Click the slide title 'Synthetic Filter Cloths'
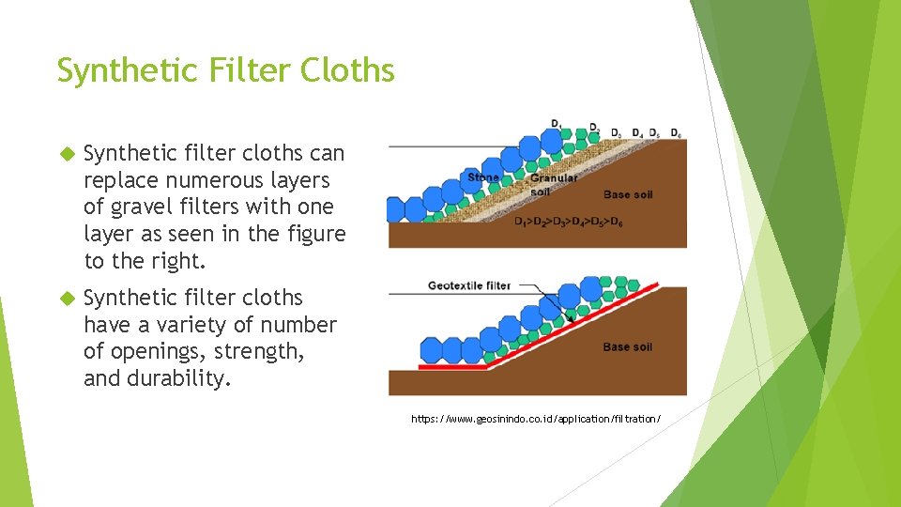click(225, 70)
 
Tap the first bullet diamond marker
click(66, 153)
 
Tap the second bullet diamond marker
click(66, 298)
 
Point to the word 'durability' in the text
click(180, 379)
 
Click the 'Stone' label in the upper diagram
click(482, 177)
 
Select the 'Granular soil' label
click(554, 184)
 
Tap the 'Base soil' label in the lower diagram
click(627, 347)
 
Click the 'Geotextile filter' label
click(468, 285)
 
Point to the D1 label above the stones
click(557, 123)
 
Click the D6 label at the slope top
click(676, 132)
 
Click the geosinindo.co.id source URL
click(536, 419)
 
